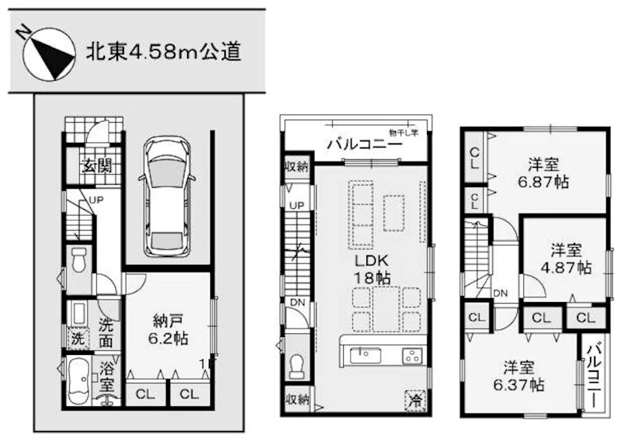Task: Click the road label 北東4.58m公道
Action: [x=162, y=52]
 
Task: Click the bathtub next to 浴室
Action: [x=78, y=380]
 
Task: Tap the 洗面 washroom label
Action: [x=109, y=333]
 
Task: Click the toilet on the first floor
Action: [x=78, y=260]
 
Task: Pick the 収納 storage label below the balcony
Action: [x=296, y=165]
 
